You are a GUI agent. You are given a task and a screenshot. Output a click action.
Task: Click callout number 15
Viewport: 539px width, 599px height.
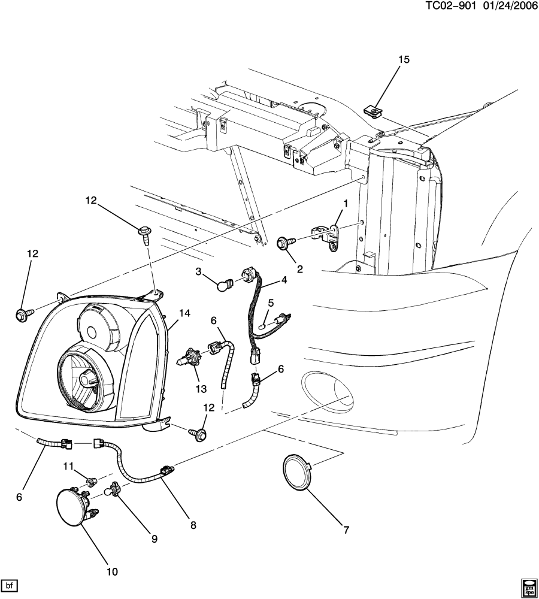[x=404, y=59]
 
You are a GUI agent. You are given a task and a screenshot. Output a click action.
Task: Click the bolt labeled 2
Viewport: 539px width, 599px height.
[x=285, y=242]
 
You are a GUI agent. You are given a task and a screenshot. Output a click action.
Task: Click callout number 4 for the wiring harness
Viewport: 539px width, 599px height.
[x=283, y=280]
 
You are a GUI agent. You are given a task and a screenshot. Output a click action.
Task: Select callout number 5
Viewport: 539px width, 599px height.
[x=271, y=303]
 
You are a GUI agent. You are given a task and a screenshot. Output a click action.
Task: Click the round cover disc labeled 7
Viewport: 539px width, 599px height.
[x=297, y=472]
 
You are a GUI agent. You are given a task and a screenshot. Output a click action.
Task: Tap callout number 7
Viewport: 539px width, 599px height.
[x=346, y=530]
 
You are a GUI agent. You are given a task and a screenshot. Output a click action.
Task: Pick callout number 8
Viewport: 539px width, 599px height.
[x=193, y=525]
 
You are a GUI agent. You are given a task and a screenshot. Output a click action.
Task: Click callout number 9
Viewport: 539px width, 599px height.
[x=155, y=539]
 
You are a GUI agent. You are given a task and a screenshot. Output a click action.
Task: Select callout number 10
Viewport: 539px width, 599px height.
[x=113, y=571]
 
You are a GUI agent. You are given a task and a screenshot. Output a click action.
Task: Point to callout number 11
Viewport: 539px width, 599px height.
[x=68, y=467]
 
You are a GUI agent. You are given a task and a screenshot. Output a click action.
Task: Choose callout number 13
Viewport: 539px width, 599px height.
[x=201, y=389]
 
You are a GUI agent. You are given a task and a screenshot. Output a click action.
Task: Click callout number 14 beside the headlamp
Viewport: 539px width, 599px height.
[x=184, y=313]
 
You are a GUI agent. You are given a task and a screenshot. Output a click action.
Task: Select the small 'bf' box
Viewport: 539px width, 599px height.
[x=10, y=585]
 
